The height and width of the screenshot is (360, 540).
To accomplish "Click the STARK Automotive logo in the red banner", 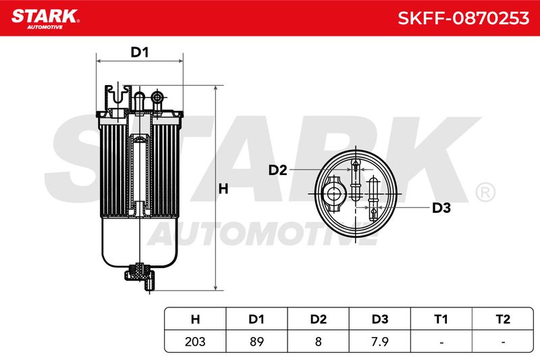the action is [x=45, y=19].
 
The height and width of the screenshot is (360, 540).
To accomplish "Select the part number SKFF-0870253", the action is [x=463, y=18].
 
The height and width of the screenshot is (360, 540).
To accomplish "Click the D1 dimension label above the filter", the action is [x=140, y=52].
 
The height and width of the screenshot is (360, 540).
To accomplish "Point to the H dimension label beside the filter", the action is [x=223, y=189].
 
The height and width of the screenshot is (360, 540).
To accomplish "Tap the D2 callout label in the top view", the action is [x=277, y=170].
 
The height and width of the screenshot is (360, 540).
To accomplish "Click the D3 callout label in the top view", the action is [x=441, y=208].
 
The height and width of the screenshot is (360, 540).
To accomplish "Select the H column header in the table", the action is [x=195, y=319].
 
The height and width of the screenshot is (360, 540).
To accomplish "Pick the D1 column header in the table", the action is [x=256, y=319].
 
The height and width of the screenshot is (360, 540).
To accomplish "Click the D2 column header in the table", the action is [x=318, y=319].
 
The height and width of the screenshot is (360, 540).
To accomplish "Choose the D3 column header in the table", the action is [x=380, y=319].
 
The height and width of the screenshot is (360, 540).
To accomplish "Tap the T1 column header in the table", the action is [x=441, y=319].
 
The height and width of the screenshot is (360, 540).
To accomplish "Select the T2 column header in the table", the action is [x=503, y=319].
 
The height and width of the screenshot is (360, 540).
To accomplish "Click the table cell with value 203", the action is [x=195, y=341].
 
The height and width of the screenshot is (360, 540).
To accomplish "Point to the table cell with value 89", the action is [x=256, y=341].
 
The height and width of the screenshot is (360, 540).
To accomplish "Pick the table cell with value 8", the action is [x=318, y=341].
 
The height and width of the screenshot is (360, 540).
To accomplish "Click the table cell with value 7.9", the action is [x=380, y=341].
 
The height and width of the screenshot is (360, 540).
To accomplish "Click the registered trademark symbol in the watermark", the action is [x=485, y=192].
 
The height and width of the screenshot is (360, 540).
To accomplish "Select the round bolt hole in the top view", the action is [x=333, y=194].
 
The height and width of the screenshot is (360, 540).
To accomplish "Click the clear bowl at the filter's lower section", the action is [x=140, y=241].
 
